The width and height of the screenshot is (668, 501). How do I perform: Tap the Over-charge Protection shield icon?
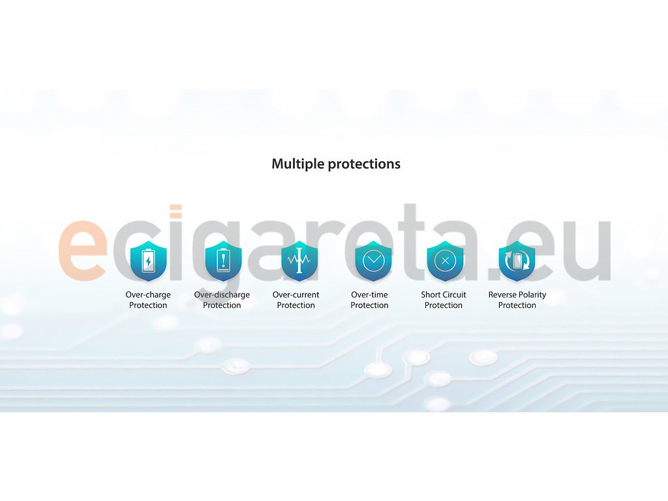[x=148, y=261]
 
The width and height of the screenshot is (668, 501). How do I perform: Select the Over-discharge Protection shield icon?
[x=223, y=261]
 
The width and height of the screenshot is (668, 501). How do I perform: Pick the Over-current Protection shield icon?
[x=299, y=261]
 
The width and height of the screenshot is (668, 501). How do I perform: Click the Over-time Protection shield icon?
[x=373, y=261]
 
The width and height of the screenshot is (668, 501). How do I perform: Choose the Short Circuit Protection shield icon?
[x=445, y=261]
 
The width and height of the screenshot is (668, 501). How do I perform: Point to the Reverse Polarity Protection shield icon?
[x=517, y=261]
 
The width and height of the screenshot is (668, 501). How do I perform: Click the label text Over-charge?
[x=148, y=295]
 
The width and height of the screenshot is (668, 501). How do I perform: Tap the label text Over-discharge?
[x=222, y=295]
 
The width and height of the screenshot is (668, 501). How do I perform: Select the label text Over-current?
[x=296, y=295]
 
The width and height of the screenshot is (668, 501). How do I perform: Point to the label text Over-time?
[x=369, y=295]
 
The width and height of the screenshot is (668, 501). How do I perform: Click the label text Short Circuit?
[x=444, y=295]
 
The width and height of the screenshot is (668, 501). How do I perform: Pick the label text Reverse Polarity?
[x=517, y=295]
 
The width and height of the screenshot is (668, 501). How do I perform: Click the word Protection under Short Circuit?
[x=444, y=305]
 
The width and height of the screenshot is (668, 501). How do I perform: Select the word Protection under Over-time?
[x=369, y=305]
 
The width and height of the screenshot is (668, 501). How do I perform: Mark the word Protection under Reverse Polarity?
[x=517, y=305]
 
